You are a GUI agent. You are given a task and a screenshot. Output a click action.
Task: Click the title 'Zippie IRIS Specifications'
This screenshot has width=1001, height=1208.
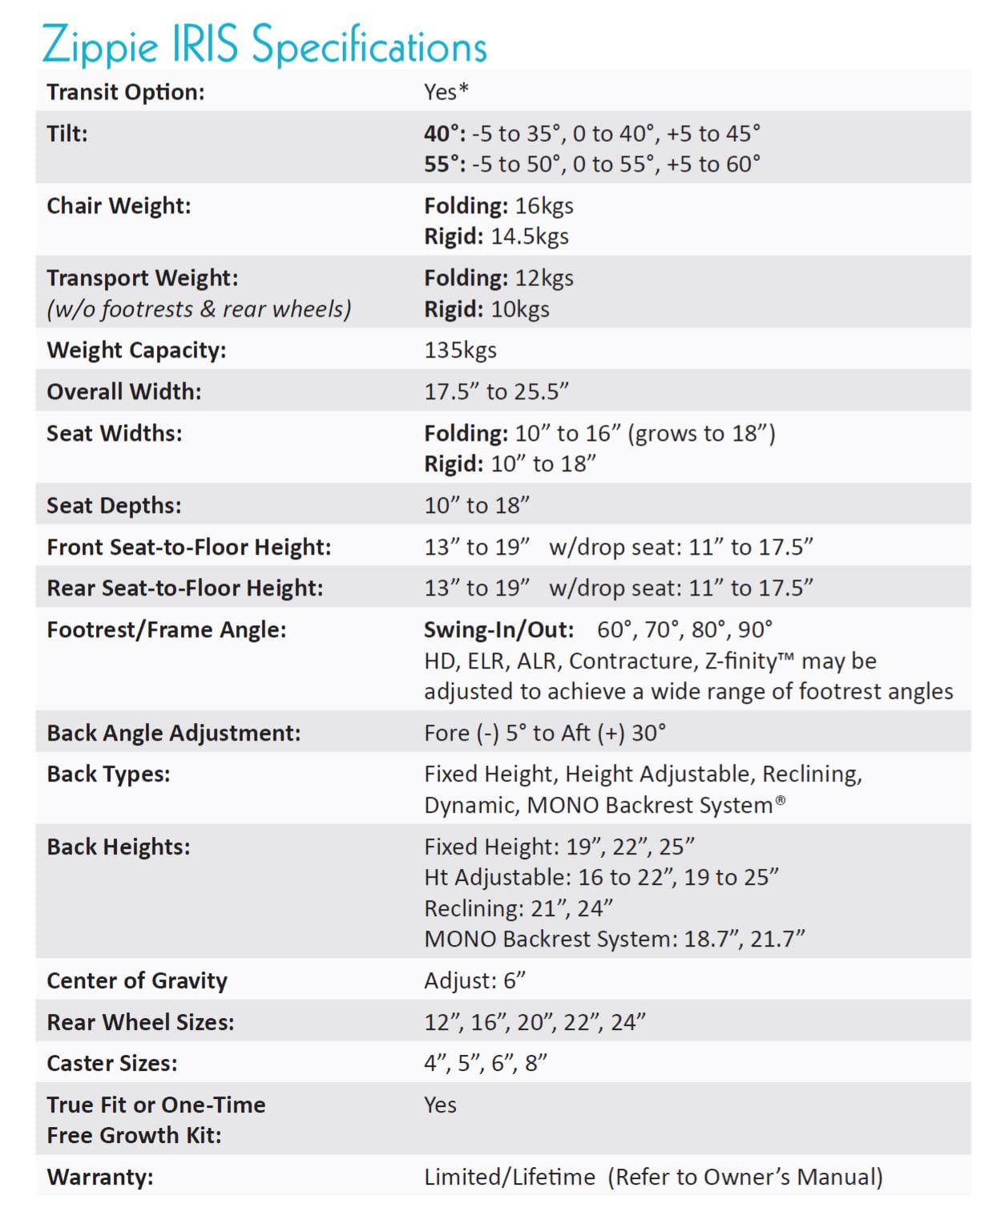(x=264, y=44)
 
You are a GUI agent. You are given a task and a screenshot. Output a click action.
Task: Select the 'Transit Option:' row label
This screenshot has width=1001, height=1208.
(x=126, y=92)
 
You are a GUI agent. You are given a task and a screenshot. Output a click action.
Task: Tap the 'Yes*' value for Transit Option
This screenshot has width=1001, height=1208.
(x=446, y=92)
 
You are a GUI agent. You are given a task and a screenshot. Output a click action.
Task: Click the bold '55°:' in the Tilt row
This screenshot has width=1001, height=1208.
(x=445, y=164)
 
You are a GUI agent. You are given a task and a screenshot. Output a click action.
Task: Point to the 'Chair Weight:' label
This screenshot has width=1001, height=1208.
(x=119, y=206)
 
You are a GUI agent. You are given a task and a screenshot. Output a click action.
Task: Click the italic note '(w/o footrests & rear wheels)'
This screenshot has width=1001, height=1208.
(x=199, y=309)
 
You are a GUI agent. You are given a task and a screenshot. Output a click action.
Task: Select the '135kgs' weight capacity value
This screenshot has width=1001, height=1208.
(x=460, y=350)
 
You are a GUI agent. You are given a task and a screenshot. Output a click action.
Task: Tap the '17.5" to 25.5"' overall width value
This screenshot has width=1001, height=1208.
(x=496, y=392)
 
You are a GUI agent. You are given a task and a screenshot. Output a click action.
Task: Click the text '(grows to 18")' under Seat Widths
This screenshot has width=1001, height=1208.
(x=701, y=434)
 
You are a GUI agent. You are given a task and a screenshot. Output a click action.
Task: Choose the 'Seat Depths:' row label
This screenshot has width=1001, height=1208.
(x=114, y=506)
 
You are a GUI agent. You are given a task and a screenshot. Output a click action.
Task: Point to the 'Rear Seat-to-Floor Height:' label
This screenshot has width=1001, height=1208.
(x=185, y=588)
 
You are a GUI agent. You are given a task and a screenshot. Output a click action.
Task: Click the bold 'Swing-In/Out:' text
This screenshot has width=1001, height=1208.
(x=498, y=630)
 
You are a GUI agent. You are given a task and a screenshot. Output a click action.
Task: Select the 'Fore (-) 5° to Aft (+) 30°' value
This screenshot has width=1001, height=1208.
(x=545, y=733)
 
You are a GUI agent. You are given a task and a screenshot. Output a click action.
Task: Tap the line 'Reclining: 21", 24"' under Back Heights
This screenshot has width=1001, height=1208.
(x=519, y=909)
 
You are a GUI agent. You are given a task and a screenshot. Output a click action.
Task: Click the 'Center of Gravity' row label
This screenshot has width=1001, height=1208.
(x=137, y=981)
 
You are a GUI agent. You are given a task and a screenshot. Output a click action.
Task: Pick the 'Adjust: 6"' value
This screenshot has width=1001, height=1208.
(x=474, y=981)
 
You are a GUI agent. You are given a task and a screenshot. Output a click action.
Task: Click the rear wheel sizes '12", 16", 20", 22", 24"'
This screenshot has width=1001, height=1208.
(x=535, y=1023)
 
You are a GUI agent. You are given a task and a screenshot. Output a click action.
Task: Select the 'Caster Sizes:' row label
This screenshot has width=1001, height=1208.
(x=112, y=1064)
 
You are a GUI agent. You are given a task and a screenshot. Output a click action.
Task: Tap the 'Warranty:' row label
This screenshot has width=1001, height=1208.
(x=100, y=1178)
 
